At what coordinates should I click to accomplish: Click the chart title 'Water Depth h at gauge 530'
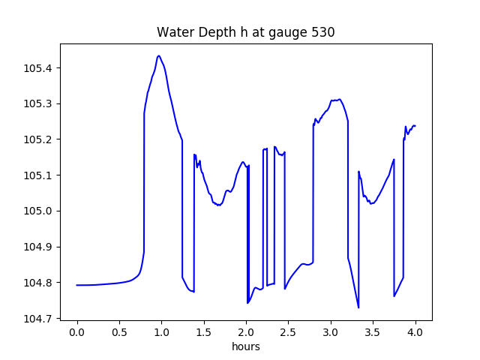point(245,32)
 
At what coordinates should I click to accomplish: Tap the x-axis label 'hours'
point(245,347)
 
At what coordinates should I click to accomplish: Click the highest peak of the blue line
point(158,55)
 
